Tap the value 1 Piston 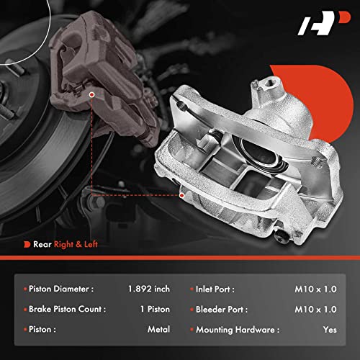point(153,309)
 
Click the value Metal point(158,329)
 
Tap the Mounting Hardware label point(236,329)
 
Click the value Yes point(329,329)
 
